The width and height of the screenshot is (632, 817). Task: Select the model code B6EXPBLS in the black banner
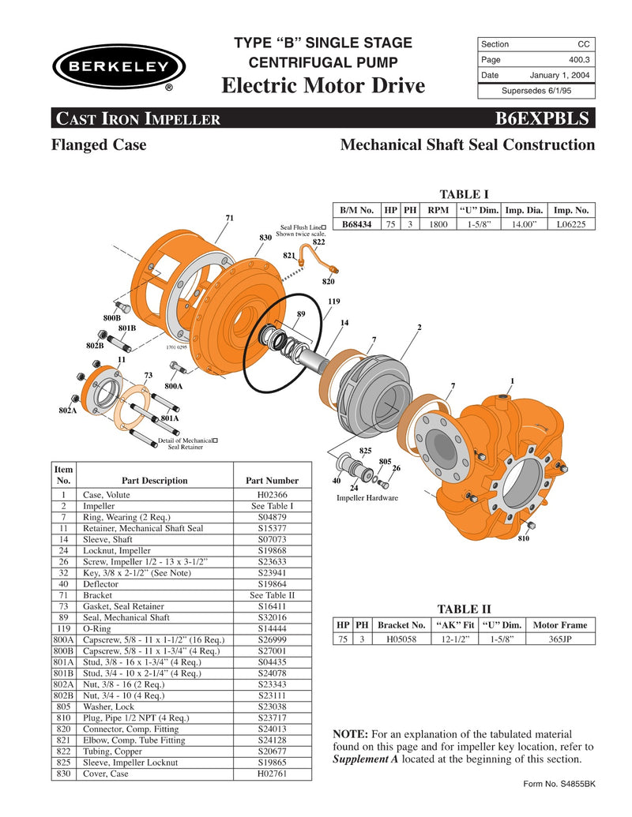pyautogui.click(x=541, y=119)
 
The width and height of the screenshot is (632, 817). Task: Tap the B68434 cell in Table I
pyautogui.click(x=356, y=224)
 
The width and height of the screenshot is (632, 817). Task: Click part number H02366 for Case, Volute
pyautogui.click(x=272, y=494)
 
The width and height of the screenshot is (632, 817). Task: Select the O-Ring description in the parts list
pyautogui.click(x=98, y=628)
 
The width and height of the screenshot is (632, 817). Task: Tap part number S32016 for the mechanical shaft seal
pyautogui.click(x=272, y=617)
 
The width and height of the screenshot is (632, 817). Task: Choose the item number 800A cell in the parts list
pyautogui.click(x=64, y=640)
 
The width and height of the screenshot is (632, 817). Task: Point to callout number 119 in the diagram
pyautogui.click(x=333, y=302)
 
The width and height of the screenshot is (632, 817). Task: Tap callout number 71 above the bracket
pyautogui.click(x=230, y=217)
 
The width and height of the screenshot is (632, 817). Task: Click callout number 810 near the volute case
pyautogui.click(x=524, y=538)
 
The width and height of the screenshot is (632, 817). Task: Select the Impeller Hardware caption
pyautogui.click(x=367, y=498)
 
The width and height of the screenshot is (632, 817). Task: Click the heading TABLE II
pyautogui.click(x=464, y=609)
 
